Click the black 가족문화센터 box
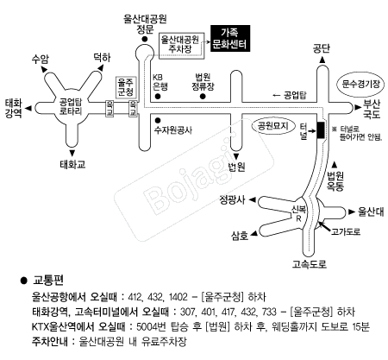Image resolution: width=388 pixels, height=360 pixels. pos(229,40)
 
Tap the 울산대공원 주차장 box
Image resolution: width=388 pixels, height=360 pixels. pos(180,44)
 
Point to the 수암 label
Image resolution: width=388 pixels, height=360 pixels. pos(40,59)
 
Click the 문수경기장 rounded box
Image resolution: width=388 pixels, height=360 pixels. pos(360,84)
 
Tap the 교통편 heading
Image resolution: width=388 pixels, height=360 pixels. pos(47,281)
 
